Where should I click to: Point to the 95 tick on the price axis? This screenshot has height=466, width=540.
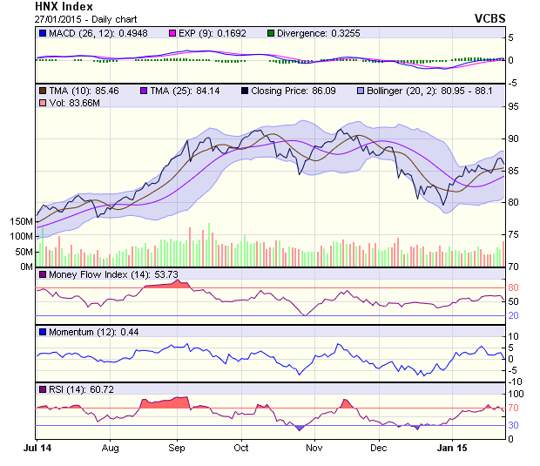click(x=513, y=107)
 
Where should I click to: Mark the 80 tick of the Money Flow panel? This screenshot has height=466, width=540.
click(x=513, y=288)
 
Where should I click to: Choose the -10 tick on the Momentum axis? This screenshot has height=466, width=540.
click(x=515, y=382)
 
